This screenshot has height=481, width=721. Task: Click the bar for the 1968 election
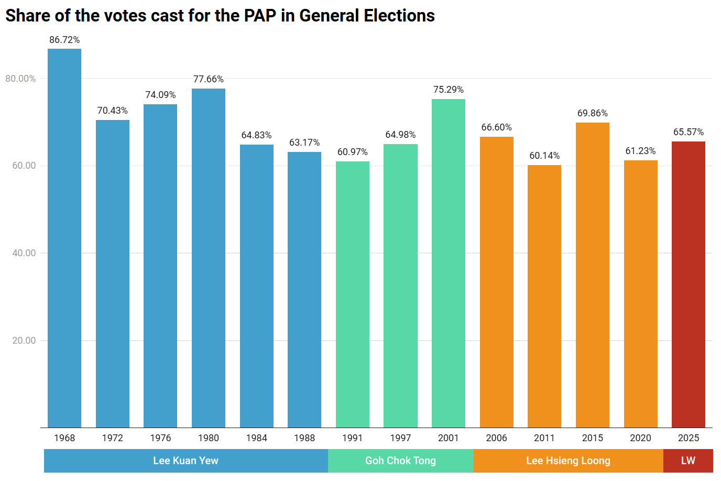coord(64,238)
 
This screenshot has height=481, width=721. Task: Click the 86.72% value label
coord(64,40)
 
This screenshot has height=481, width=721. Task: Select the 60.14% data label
coord(544,156)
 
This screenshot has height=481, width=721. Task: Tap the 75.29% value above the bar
coord(449,90)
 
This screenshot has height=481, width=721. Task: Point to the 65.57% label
coord(688,132)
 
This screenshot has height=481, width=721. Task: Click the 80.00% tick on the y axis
coord(21,79)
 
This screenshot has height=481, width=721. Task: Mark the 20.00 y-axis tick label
coord(24,341)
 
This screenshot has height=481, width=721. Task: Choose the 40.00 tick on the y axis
coord(24,253)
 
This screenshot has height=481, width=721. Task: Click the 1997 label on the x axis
coord(400,438)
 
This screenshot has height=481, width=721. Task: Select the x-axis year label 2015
coord(593,438)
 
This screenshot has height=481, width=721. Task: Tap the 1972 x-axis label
coord(113,438)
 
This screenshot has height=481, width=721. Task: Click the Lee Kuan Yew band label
coord(185,461)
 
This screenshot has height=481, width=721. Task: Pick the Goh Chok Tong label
coord(400,461)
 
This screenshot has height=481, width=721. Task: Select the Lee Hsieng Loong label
coord(568,461)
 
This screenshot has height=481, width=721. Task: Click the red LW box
coord(688,461)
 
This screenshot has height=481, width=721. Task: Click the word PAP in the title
coord(260,16)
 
